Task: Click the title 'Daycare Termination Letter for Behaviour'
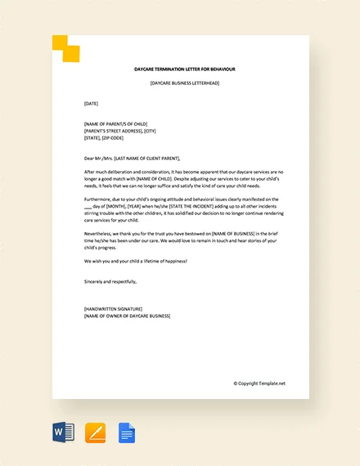[185, 70]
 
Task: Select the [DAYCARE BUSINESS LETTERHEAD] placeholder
[185, 83]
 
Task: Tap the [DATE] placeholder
[91, 104]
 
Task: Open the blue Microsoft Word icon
[63, 432]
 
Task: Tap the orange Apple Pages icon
[95, 432]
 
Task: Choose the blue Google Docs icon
[126, 432]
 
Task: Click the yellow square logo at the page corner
[67, 48]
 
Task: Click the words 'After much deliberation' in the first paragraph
[107, 172]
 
